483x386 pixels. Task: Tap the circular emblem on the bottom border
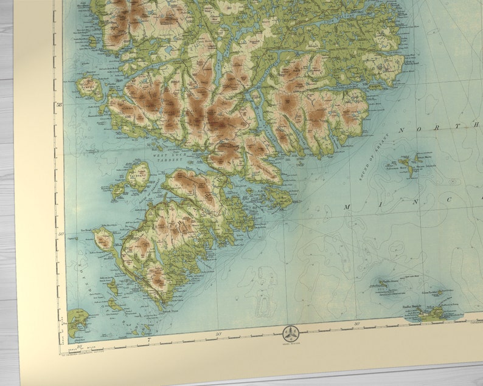point(290,334)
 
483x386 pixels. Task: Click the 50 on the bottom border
point(218,334)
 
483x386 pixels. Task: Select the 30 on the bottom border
point(356,323)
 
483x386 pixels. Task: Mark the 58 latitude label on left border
point(58,104)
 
